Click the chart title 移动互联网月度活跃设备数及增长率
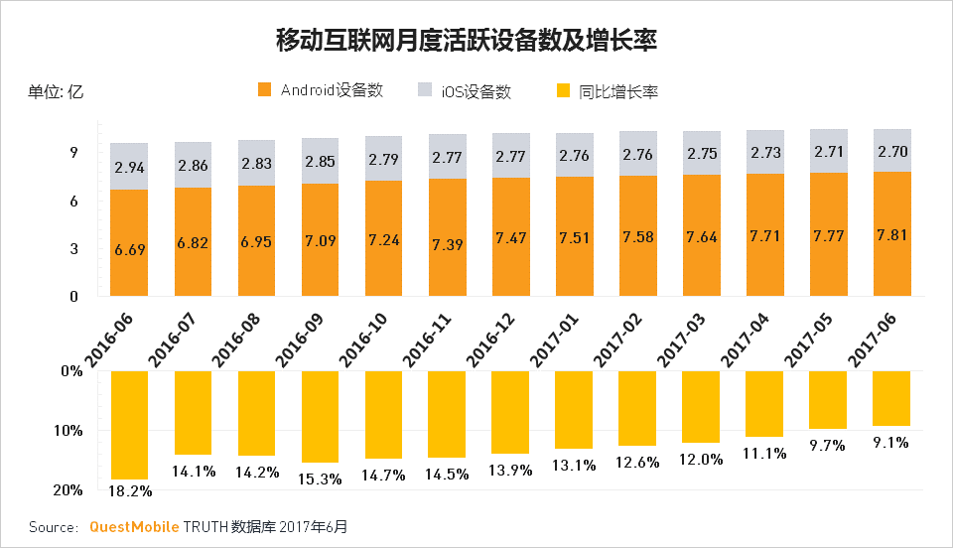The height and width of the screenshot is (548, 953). click(x=467, y=41)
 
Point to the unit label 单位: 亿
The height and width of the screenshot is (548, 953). click(x=57, y=92)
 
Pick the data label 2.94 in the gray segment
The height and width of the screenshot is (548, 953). click(x=129, y=167)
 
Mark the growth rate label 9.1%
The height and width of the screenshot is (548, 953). click(x=891, y=444)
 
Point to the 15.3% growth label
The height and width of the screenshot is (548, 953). click(x=320, y=479)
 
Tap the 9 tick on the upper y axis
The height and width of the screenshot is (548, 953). click(x=73, y=153)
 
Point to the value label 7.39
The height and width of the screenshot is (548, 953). click(x=447, y=245)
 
